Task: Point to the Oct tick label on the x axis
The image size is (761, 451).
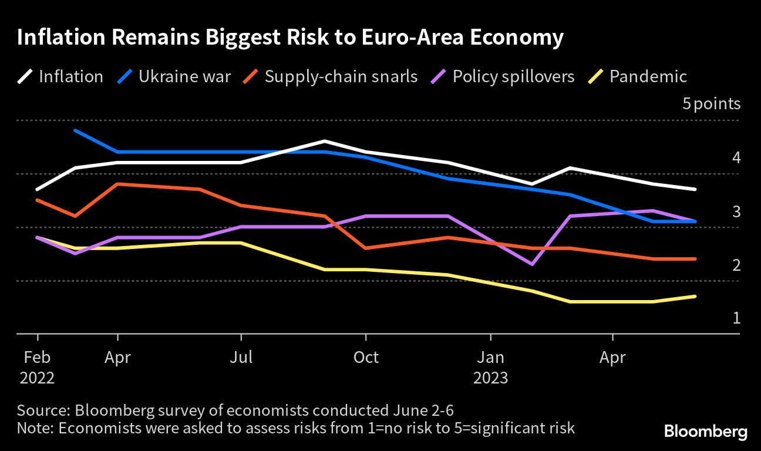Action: pos(366,357)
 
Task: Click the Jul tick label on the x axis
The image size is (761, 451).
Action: pos(241,357)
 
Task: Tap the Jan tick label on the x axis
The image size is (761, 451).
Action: pos(490,357)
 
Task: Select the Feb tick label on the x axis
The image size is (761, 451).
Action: pos(38,357)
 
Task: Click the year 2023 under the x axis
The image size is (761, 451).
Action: pos(490,377)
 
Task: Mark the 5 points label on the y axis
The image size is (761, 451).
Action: pos(711,105)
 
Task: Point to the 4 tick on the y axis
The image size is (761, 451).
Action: pos(736,158)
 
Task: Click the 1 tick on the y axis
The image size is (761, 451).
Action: pos(736,318)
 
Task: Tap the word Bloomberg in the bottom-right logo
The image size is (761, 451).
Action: pos(706,432)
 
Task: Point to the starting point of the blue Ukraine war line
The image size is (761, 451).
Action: pos(75,130)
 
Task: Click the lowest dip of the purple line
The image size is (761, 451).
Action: pos(532,264)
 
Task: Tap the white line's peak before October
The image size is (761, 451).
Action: pos(325,141)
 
